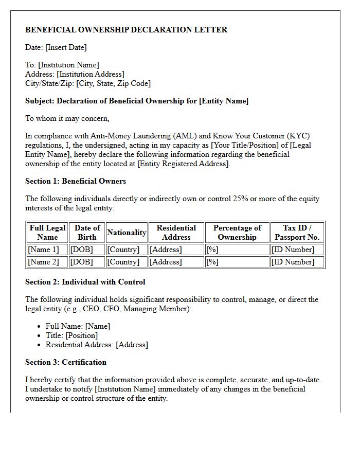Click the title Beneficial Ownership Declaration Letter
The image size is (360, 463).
[126, 30]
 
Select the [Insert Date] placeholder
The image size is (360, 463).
[66, 47]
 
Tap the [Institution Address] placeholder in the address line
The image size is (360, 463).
[90, 74]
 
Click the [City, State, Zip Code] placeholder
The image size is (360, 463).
[113, 83]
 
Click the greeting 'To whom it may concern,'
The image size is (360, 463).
[67, 118]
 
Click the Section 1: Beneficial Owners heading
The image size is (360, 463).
[76, 181]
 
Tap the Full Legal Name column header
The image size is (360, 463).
[47, 233]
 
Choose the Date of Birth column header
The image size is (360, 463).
[87, 233]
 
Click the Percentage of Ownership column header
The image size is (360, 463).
[237, 233]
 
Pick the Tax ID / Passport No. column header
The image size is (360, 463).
[297, 233]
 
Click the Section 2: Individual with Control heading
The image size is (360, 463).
[85, 282]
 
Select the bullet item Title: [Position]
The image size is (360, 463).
[71, 335]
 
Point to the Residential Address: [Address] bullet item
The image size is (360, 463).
[97, 345]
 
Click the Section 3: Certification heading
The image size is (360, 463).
[66, 362]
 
